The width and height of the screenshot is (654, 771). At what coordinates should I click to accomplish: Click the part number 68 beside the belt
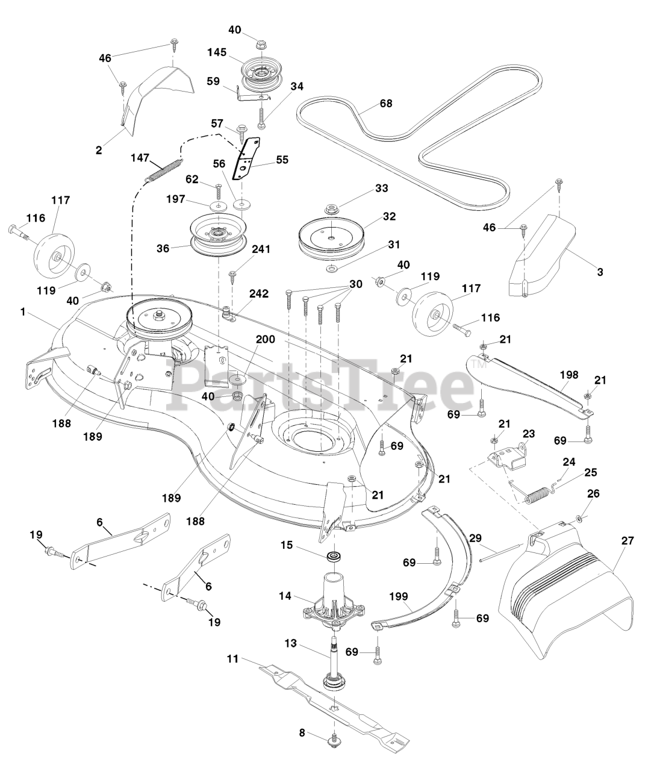(385, 104)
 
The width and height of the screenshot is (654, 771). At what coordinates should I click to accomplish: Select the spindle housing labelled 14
(331, 596)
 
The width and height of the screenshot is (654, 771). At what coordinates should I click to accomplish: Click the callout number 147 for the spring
(141, 158)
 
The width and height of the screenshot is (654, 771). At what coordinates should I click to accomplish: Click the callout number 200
(266, 339)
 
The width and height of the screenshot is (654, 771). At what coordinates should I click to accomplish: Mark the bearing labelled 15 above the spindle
(332, 554)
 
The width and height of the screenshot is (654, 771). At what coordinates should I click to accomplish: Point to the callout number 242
(260, 293)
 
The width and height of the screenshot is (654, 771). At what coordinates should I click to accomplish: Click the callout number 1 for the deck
(23, 312)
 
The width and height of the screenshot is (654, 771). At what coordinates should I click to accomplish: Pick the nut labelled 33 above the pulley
(331, 209)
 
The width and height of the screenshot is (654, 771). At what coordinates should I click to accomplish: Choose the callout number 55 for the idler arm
(282, 160)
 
